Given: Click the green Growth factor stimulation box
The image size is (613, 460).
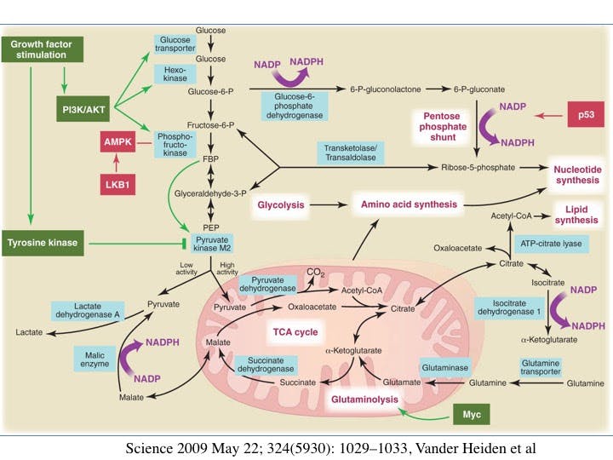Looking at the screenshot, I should [x=40, y=49].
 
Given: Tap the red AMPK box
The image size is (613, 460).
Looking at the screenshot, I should [x=117, y=142].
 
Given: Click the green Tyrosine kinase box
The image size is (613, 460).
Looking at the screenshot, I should [x=43, y=243].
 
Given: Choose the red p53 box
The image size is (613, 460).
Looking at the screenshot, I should [x=586, y=115].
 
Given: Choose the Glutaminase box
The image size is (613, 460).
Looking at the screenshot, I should [x=444, y=366].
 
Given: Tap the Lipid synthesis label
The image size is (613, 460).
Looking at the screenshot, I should [x=577, y=214].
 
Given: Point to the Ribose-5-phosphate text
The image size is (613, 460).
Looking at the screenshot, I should [x=478, y=168].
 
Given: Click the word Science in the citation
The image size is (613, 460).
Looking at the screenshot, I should [x=148, y=448].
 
